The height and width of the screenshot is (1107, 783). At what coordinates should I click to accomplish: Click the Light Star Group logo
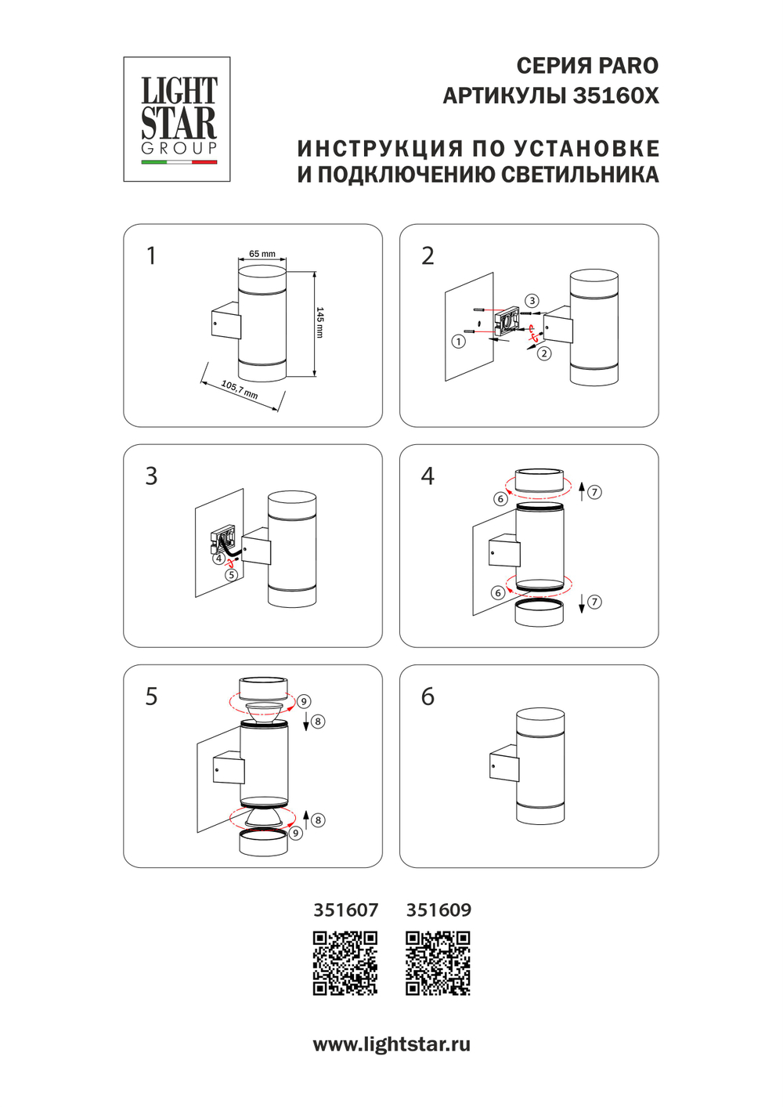(177, 119)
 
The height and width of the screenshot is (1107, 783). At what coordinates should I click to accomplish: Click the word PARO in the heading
(629, 66)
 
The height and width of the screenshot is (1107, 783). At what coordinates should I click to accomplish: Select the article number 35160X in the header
(615, 96)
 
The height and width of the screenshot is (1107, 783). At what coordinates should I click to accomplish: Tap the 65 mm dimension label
(262, 254)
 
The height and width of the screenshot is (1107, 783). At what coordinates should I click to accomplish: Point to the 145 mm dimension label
(320, 322)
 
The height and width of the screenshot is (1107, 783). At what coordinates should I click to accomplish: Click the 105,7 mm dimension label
(240, 389)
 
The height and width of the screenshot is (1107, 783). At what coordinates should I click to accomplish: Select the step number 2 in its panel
(428, 256)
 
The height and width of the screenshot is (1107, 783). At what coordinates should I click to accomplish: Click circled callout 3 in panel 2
(532, 301)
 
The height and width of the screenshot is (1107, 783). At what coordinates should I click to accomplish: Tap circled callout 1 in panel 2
(459, 342)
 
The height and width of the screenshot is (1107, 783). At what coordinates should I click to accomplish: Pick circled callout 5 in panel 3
(231, 575)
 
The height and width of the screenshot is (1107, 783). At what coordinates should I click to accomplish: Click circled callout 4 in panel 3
(219, 559)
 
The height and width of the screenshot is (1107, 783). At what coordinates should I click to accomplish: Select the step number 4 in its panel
(428, 476)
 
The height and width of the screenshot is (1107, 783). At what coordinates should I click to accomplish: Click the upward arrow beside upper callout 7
(582, 492)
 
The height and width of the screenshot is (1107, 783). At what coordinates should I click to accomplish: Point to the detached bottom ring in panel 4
(539, 612)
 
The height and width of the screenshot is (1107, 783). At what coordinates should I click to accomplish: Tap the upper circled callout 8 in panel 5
(318, 722)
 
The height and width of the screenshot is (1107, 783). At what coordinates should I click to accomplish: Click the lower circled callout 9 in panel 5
(296, 834)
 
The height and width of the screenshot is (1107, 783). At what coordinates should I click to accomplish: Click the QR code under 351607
(345, 963)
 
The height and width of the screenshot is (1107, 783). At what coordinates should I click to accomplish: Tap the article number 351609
(438, 910)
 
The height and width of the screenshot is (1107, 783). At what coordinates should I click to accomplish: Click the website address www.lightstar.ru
(391, 1044)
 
